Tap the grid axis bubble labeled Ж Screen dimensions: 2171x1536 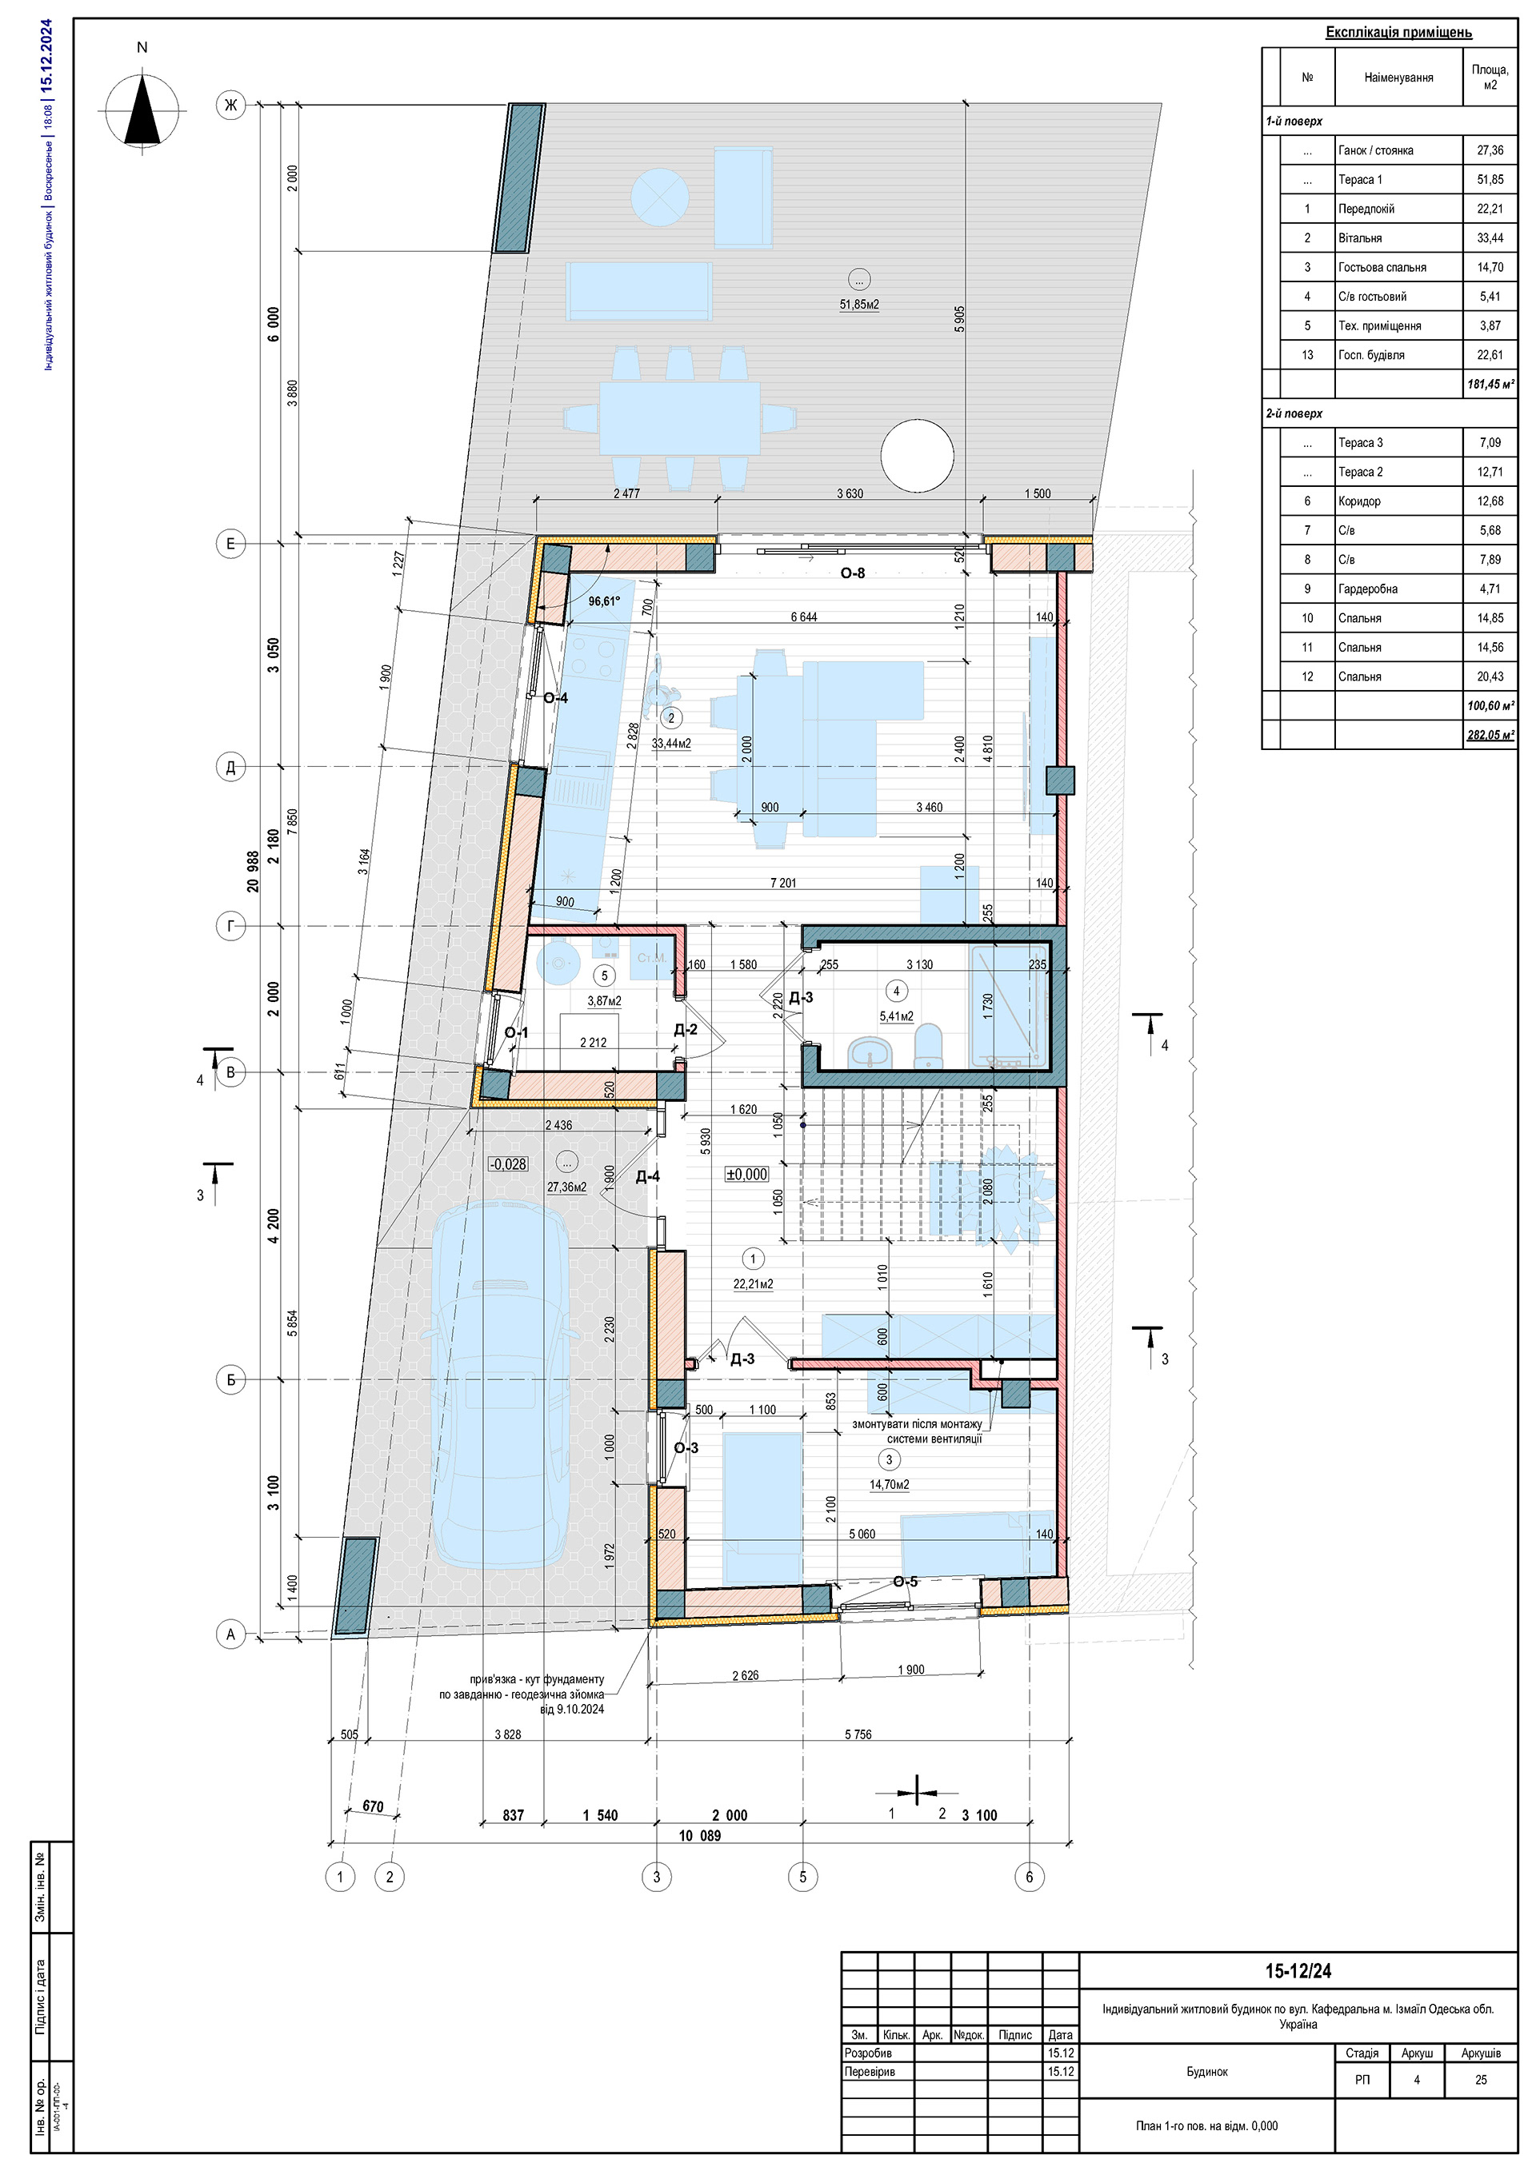(x=230, y=104)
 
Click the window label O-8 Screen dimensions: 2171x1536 (x=852, y=573)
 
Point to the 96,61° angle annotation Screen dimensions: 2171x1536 (x=603, y=601)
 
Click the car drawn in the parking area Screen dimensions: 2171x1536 (x=502, y=1384)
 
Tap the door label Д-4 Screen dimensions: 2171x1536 (x=647, y=1177)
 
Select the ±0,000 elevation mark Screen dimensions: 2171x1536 (x=747, y=1175)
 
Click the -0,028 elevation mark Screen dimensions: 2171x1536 (x=508, y=1164)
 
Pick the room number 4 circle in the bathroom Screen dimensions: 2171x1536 (x=896, y=991)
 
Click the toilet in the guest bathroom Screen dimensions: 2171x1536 (x=930, y=1048)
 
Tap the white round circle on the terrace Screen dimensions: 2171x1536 (x=917, y=456)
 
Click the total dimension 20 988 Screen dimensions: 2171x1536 (x=254, y=871)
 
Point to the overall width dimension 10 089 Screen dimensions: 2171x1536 (x=699, y=1835)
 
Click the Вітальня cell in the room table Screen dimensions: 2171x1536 (x=1398, y=238)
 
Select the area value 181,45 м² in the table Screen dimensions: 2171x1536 (x=1490, y=385)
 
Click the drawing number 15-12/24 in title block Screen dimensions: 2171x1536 (x=1298, y=1971)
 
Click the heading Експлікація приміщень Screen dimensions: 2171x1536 (x=1398, y=32)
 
